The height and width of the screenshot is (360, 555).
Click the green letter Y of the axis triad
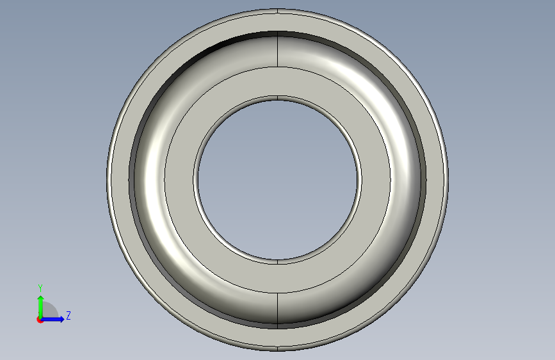pyautogui.click(x=40, y=288)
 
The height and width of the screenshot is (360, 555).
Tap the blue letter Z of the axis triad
pyautogui.click(x=68, y=315)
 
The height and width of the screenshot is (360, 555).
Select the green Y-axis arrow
pyautogui.click(x=41, y=307)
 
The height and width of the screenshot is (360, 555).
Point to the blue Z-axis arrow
pyautogui.click(x=52, y=319)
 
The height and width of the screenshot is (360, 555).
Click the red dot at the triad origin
pyautogui.click(x=40, y=320)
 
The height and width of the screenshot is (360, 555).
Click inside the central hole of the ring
pyautogui.click(x=278, y=179)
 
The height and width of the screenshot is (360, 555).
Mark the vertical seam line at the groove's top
pyautogui.click(x=278, y=49)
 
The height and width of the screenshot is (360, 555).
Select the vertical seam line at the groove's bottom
pyautogui.click(x=278, y=308)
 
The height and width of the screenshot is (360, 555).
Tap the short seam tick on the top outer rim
pyautogui.click(x=278, y=11)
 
